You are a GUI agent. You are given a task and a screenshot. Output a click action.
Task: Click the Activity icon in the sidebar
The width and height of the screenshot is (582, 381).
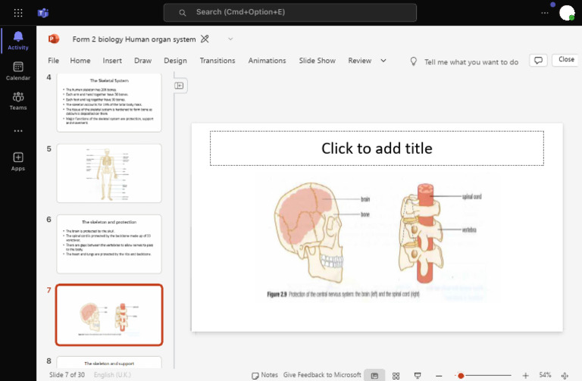[x=18, y=40]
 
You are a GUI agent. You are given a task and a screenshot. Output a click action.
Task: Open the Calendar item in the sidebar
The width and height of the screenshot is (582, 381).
[x=18, y=71]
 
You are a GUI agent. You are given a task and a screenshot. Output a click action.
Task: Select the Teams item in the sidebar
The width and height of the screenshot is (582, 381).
[x=18, y=101]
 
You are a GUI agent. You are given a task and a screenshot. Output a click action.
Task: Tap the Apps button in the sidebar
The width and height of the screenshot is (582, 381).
[x=18, y=161]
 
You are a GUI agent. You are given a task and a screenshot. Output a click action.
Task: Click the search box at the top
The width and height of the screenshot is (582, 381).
[x=290, y=12]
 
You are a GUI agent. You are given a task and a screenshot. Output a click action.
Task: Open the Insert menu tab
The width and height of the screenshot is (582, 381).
[x=112, y=61]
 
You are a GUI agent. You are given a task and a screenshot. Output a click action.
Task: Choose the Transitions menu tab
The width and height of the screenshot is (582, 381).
[x=217, y=61]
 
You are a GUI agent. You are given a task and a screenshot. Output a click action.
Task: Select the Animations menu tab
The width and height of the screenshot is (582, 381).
[x=267, y=61]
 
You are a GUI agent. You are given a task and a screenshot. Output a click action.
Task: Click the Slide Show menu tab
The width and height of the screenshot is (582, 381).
[x=317, y=61]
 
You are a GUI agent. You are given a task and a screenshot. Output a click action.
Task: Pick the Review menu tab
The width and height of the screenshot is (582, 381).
[x=359, y=61]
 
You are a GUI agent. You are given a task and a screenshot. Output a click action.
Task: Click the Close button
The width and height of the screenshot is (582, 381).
[x=566, y=60]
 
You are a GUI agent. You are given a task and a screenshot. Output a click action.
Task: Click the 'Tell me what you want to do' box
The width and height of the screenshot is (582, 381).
[x=471, y=62]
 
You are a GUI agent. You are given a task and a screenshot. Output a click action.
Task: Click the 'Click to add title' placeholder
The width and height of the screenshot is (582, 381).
[x=377, y=148]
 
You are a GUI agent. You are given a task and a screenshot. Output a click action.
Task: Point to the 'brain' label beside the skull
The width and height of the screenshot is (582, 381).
[x=365, y=199]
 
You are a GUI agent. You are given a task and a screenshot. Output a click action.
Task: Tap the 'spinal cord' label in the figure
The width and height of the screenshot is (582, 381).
[x=471, y=197]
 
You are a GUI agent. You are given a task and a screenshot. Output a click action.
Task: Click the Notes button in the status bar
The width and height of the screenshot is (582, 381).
[x=264, y=375]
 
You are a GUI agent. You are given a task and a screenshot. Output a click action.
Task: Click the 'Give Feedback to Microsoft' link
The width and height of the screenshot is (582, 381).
[x=322, y=375]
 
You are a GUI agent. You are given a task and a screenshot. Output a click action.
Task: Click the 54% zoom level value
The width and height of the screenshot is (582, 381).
[x=545, y=375]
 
